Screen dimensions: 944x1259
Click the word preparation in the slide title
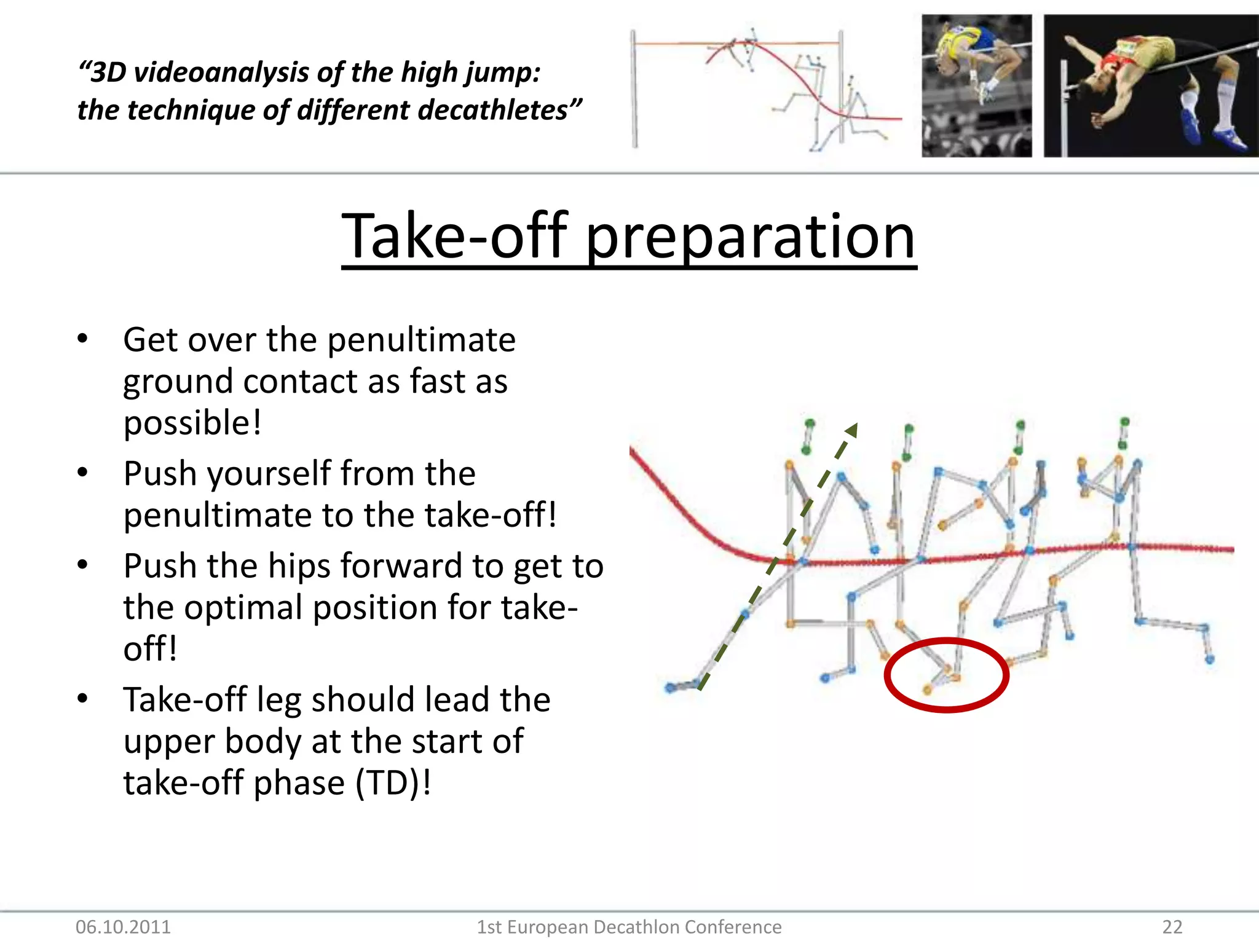pos(751,237)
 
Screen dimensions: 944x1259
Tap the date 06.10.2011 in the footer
pos(123,927)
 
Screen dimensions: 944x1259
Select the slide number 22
pos(1172,927)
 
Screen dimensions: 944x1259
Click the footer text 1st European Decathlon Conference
pos(629,927)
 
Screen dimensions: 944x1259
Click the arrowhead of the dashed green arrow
pos(851,429)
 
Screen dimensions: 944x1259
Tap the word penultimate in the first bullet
pos(421,340)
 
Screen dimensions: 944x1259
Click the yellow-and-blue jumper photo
pos(976,86)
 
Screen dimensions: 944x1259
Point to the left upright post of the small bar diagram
pos(634,89)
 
